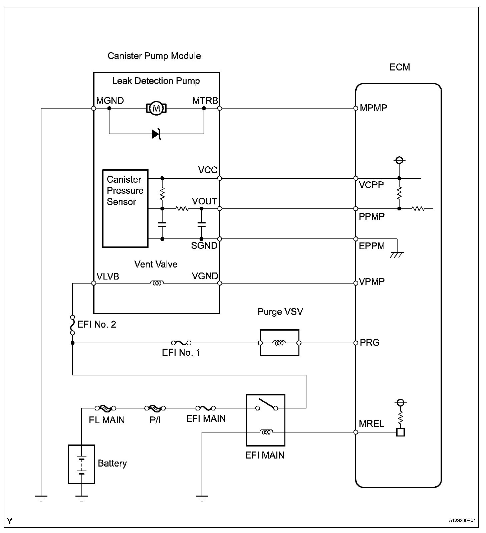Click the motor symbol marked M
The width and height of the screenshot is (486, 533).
coord(156,108)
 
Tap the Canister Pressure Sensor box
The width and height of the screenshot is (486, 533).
coord(125,208)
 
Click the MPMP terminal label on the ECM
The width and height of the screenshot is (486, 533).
coord(373,108)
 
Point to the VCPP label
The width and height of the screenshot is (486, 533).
coord(371,185)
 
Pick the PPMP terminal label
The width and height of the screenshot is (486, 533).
coord(372,217)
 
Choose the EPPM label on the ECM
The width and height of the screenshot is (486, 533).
coord(372,246)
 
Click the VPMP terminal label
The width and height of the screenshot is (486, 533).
coord(372,282)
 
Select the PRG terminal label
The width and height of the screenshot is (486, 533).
coord(370,343)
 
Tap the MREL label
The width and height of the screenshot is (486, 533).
coord(372,424)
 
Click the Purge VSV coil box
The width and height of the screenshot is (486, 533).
coord(279,343)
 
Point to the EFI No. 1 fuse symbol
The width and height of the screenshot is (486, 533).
coord(181,343)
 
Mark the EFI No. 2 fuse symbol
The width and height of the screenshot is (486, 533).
coord(72,324)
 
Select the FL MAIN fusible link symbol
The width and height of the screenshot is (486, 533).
coord(105,408)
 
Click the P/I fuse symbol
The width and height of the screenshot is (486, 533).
coord(155,408)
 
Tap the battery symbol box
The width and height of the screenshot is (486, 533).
coord(81,464)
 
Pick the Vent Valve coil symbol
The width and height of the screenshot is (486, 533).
coord(157,283)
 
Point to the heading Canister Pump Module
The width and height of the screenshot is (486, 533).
coord(154,56)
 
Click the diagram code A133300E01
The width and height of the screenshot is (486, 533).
coord(462,521)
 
